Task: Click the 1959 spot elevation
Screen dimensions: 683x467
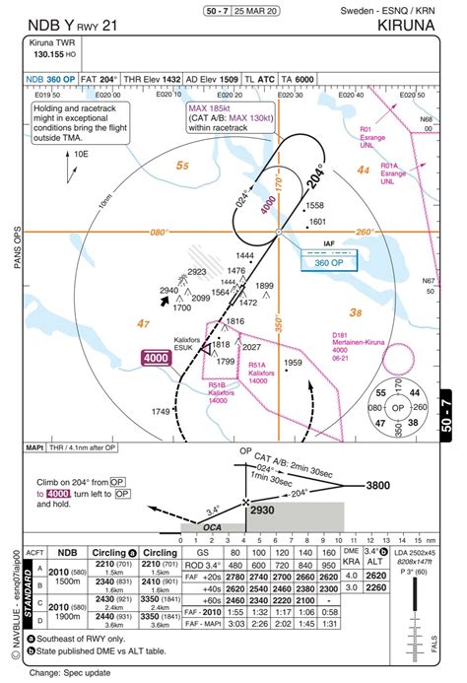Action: click(320, 364)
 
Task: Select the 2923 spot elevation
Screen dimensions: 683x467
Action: click(197, 272)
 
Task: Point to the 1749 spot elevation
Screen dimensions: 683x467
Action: click(162, 411)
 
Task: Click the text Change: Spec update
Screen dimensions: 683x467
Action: click(70, 673)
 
